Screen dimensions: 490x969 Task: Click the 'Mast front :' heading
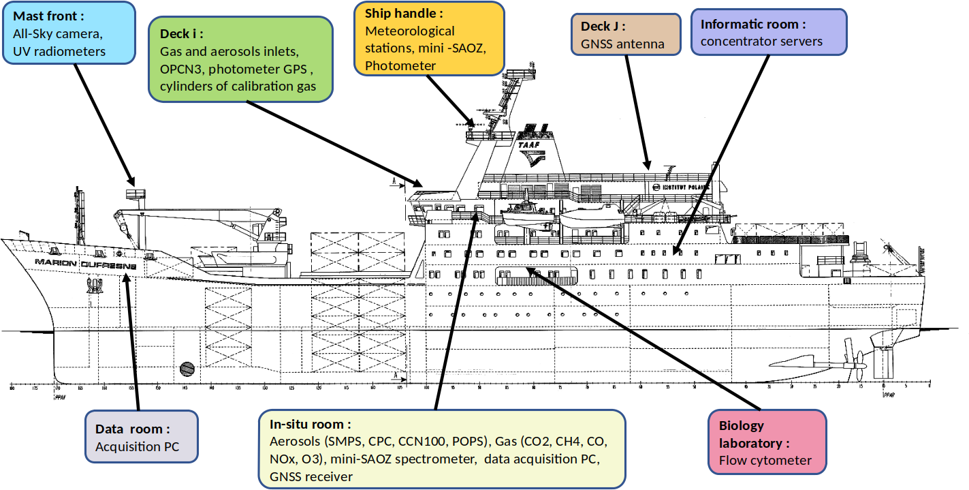pyautogui.click(x=49, y=16)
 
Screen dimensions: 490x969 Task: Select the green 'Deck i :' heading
pyautogui.click(x=182, y=33)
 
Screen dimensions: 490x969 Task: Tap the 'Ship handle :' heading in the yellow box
pyautogui.click(x=404, y=14)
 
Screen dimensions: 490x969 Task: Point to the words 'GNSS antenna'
pyautogui.click(x=622, y=44)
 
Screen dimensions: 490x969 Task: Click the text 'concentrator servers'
pyautogui.click(x=761, y=42)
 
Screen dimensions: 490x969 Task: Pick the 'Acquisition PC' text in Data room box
pyautogui.click(x=136, y=447)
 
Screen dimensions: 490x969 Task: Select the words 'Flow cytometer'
pyautogui.click(x=765, y=460)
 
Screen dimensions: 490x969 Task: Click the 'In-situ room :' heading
pyautogui.click(x=310, y=425)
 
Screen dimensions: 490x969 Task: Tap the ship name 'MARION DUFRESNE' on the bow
pyautogui.click(x=85, y=262)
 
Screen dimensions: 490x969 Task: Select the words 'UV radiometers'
pyautogui.click(x=59, y=51)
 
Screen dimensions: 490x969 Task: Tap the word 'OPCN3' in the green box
pyautogui.click(x=182, y=70)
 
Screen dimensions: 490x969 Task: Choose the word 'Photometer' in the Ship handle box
pyautogui.click(x=400, y=66)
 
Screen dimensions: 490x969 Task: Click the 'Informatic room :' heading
pyautogui.click(x=753, y=24)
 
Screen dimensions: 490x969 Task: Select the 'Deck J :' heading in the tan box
pyautogui.click(x=603, y=27)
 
